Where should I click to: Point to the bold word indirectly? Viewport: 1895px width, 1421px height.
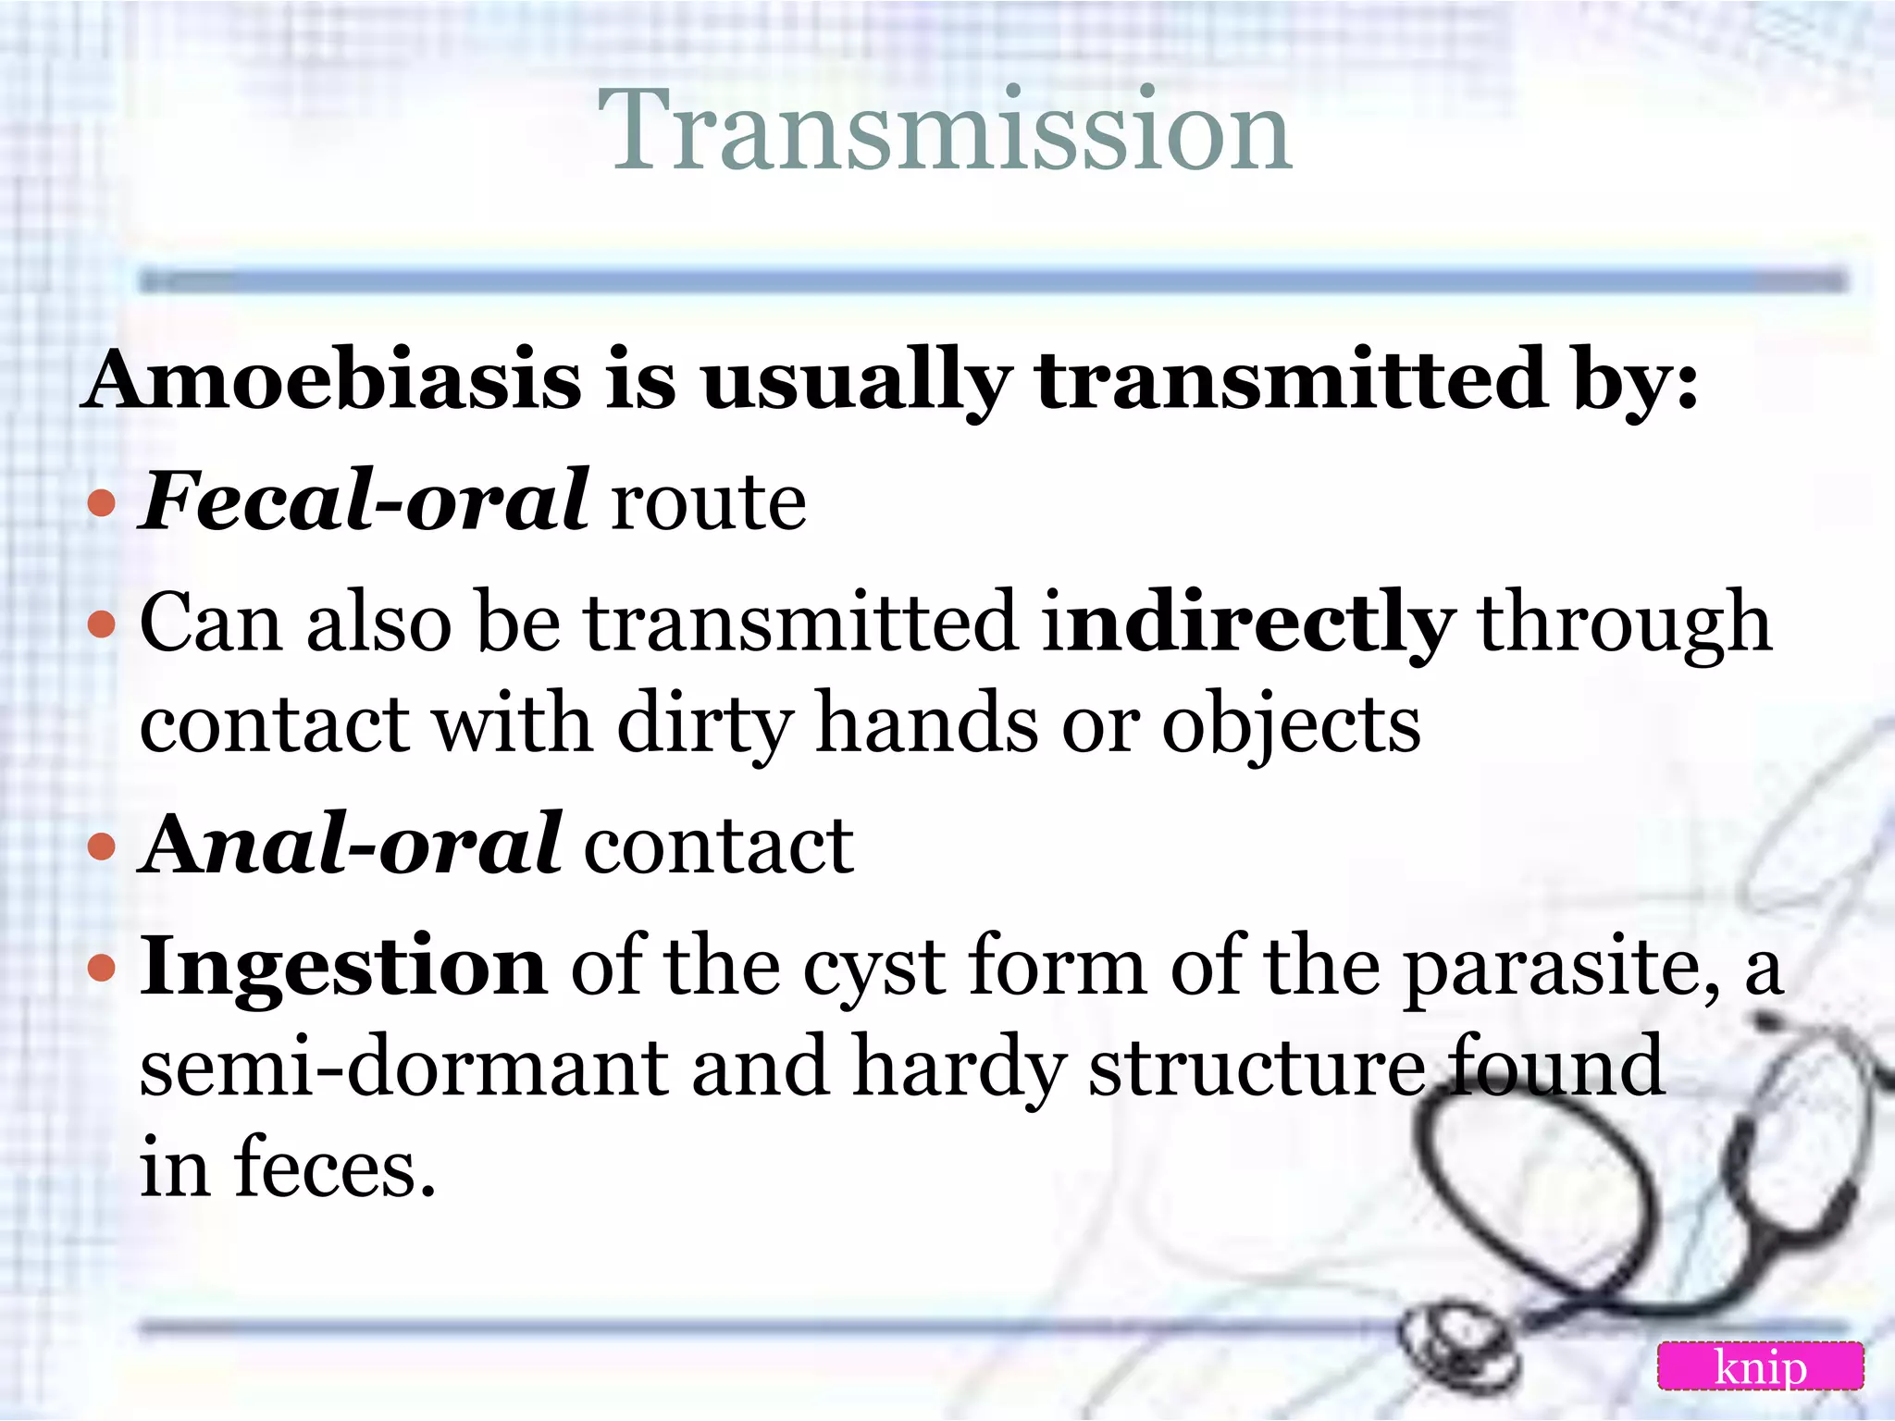(1248, 624)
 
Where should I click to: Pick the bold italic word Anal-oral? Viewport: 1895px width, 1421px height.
(351, 844)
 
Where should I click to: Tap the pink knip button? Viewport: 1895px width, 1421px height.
(1760, 1366)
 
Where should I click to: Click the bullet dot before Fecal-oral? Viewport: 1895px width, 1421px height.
(101, 504)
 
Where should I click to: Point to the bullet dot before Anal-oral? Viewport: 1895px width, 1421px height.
(101, 846)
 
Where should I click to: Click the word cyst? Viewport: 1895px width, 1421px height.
(874, 970)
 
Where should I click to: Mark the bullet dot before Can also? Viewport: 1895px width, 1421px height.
(101, 624)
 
